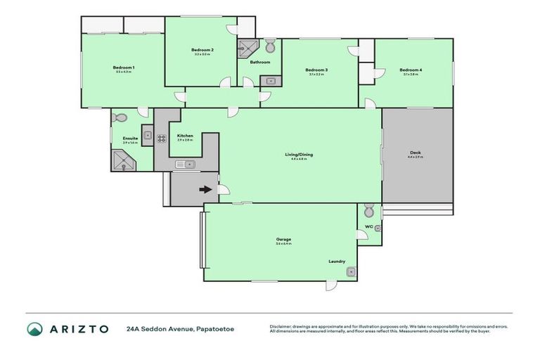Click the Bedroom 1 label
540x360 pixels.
(124, 67)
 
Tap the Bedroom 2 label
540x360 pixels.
(202, 50)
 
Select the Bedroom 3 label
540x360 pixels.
(316, 70)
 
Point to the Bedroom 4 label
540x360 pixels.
(411, 70)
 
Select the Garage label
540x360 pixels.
(283, 239)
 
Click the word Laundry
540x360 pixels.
(337, 262)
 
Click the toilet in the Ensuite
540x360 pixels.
(120, 118)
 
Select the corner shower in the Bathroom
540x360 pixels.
(247, 49)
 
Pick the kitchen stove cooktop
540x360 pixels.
(161, 138)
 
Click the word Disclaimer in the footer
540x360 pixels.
(282, 326)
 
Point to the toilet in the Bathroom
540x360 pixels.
(271, 46)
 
